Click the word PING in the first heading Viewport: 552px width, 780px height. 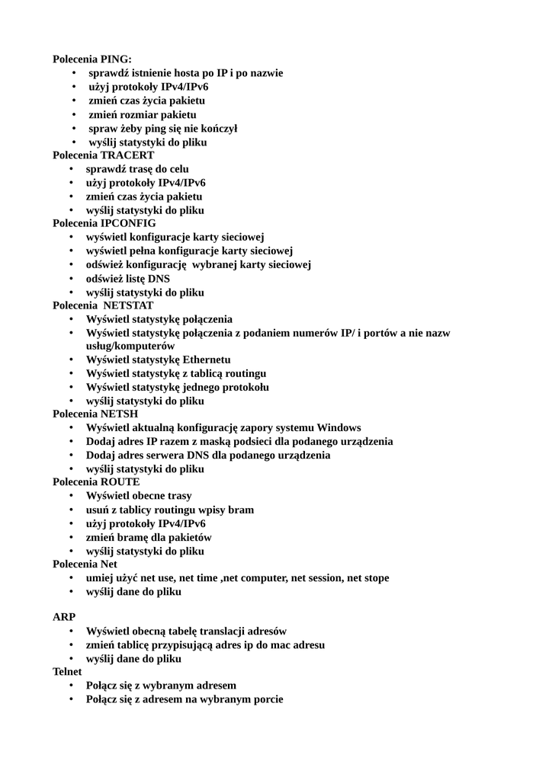(x=116, y=59)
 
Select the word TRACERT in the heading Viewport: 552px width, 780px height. (x=127, y=155)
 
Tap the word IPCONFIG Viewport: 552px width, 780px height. (x=128, y=223)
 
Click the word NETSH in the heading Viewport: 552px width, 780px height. (x=120, y=414)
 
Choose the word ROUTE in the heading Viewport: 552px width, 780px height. (x=120, y=482)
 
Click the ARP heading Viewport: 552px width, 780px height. (x=64, y=617)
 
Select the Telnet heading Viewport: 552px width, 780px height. (x=67, y=672)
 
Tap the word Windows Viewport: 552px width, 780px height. (x=339, y=428)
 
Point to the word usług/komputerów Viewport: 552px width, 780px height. (x=130, y=346)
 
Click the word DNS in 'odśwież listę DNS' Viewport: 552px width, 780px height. (x=159, y=279)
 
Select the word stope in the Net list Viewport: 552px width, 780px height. (x=374, y=577)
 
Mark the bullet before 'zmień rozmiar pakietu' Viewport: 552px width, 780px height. (x=74, y=114)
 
